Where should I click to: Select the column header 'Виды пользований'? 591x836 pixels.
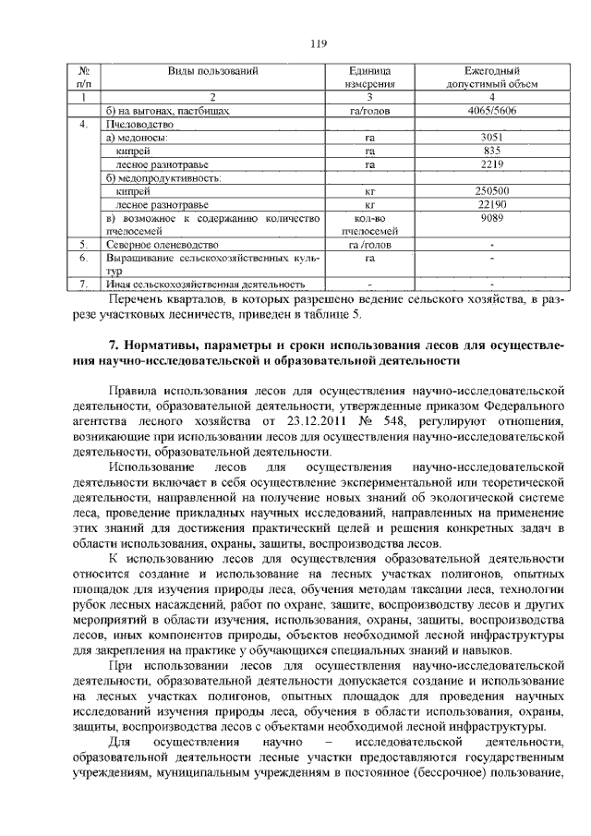tap(212, 71)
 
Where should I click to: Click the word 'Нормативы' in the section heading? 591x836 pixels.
tap(160, 345)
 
